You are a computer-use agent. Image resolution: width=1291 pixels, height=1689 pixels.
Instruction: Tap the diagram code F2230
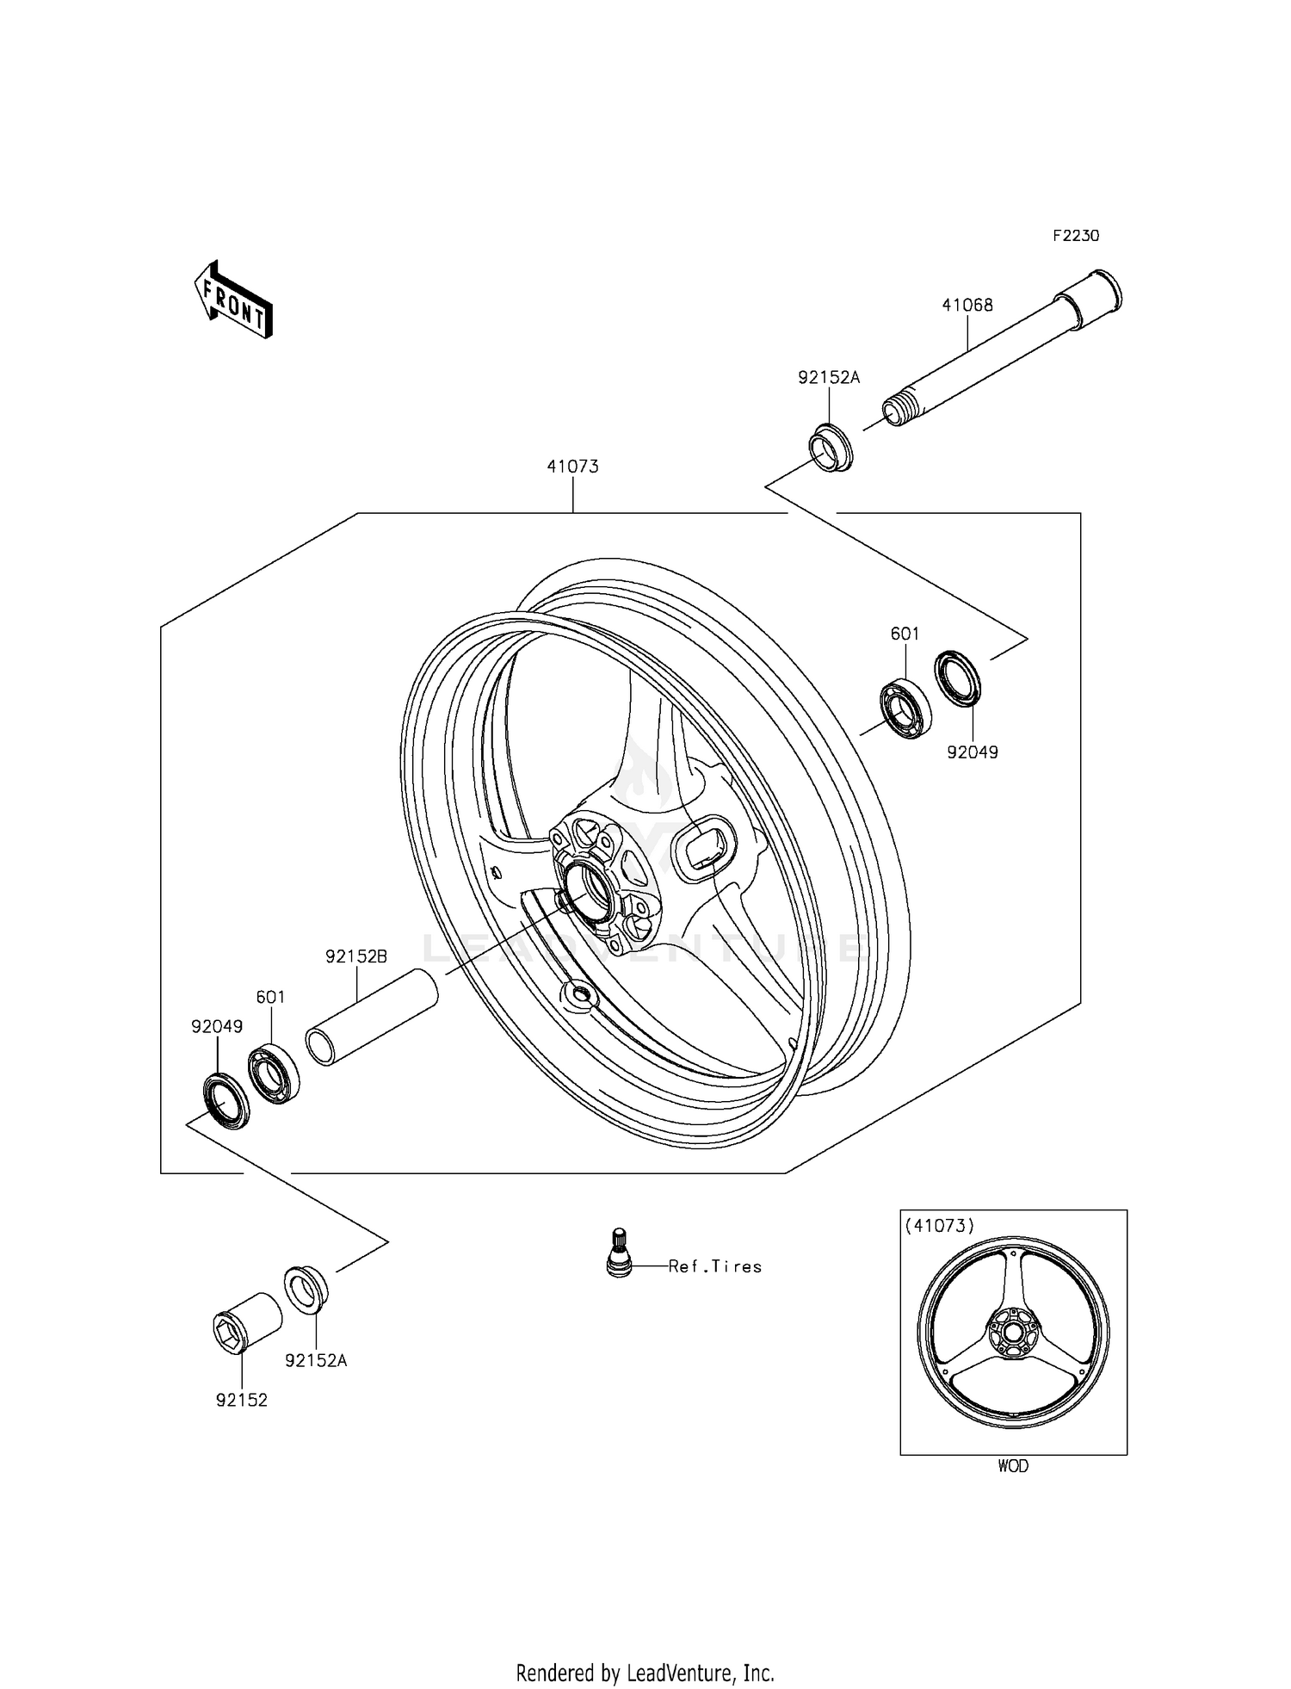[x=1076, y=236]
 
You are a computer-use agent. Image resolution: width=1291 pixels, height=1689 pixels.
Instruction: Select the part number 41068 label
[x=967, y=305]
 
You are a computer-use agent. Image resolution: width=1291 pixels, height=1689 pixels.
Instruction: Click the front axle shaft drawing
[x=998, y=353]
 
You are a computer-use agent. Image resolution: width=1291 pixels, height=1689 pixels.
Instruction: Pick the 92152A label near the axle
[x=829, y=377]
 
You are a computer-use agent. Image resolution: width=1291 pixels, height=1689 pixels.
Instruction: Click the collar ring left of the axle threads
[x=831, y=449]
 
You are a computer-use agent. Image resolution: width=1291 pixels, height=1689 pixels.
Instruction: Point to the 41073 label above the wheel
[x=572, y=467]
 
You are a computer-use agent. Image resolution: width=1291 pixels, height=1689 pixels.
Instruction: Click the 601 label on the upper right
[x=905, y=634]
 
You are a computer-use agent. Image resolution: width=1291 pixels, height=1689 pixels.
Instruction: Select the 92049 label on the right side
[x=973, y=752]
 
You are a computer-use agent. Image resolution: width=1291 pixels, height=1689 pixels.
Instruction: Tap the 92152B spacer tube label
[x=356, y=956]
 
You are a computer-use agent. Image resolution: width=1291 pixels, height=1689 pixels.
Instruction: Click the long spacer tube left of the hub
[x=373, y=1017]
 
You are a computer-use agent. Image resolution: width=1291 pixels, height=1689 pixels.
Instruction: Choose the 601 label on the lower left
[x=270, y=997]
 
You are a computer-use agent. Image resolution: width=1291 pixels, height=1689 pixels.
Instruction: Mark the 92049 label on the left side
[x=217, y=1026]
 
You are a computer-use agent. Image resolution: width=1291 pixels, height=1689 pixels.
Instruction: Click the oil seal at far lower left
[x=225, y=1101]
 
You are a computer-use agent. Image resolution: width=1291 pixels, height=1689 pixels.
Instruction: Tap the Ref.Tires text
[x=715, y=1266]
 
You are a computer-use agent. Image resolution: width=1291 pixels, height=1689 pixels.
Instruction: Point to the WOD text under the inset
[x=1013, y=1466]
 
